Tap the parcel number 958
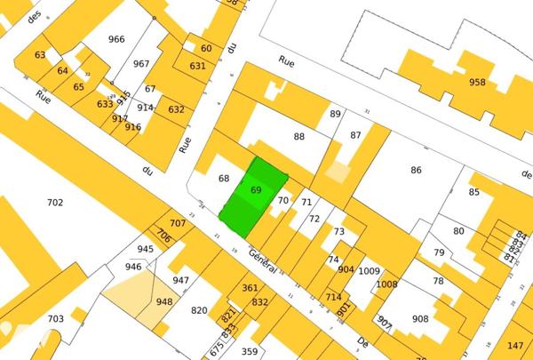pos(478,82)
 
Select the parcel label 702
pos(55,203)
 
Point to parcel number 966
pos(116,39)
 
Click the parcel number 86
pos(416,170)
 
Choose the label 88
pos(299,136)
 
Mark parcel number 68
pos(224,178)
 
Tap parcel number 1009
pos(370,271)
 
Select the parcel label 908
pos(420,318)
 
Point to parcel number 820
pos(199,310)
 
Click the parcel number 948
pos(164,301)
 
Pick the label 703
pos(55,318)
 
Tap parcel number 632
pos(176,109)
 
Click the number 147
pos(515,345)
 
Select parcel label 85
pos(474,192)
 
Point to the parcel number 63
pos(40,55)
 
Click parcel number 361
pos(250,287)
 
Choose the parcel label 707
pos(178,222)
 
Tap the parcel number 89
pos(335,114)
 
